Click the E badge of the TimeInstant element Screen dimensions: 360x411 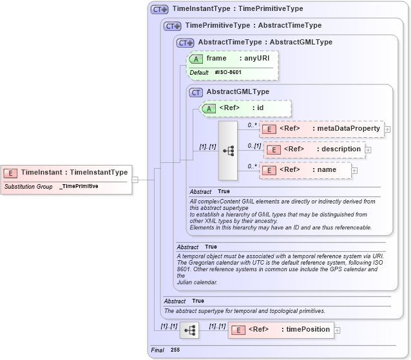[11, 173]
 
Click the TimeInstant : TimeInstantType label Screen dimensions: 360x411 [74, 173]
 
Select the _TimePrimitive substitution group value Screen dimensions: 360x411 [79, 186]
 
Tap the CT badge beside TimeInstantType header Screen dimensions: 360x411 [158, 10]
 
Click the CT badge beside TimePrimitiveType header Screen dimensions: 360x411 [172, 26]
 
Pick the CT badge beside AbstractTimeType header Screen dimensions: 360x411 [185, 43]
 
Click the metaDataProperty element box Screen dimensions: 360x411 [321, 129]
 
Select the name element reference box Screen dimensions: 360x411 [305, 170]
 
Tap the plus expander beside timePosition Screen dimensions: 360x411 [337, 330]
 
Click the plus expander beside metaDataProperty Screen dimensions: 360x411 [387, 129]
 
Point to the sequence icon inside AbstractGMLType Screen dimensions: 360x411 [228, 150]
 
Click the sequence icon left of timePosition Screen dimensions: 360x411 [189, 330]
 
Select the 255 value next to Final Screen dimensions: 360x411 [175, 350]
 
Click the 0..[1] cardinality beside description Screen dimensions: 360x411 [254, 146]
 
